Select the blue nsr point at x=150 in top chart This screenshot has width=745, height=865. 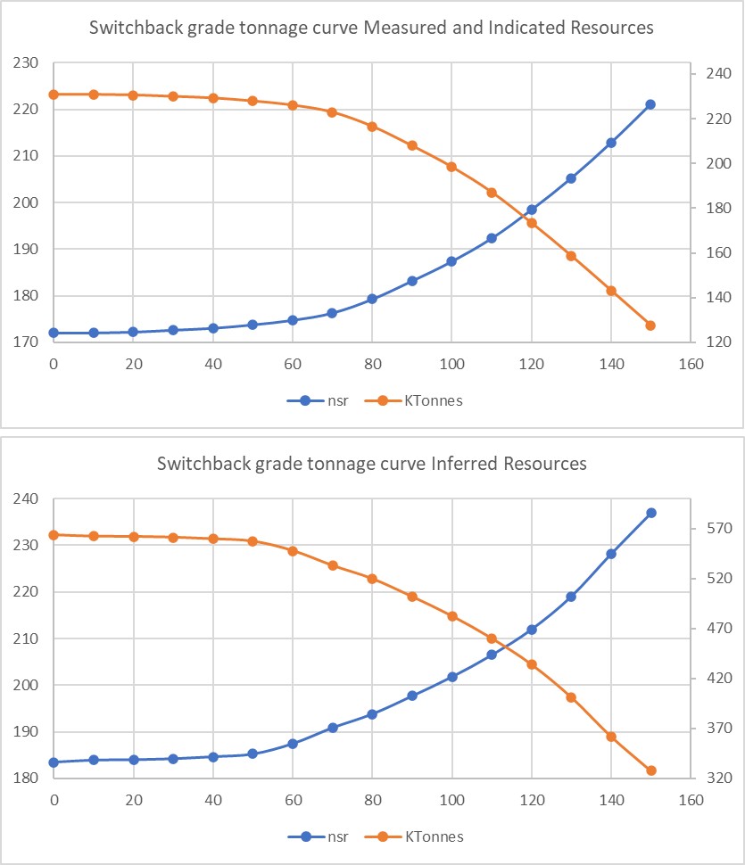[650, 104]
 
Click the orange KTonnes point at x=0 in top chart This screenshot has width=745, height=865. [54, 95]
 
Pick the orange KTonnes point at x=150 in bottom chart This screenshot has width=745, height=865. [650, 770]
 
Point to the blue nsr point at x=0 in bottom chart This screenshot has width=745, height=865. [54, 762]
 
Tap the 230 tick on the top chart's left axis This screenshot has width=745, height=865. [27, 63]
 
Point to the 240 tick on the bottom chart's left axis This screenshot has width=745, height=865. [27, 499]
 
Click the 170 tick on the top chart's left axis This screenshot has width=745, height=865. [27, 342]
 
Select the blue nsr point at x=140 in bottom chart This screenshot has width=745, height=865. [611, 554]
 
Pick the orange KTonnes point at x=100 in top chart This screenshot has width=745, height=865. [451, 167]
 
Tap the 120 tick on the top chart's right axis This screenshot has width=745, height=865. [705, 342]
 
